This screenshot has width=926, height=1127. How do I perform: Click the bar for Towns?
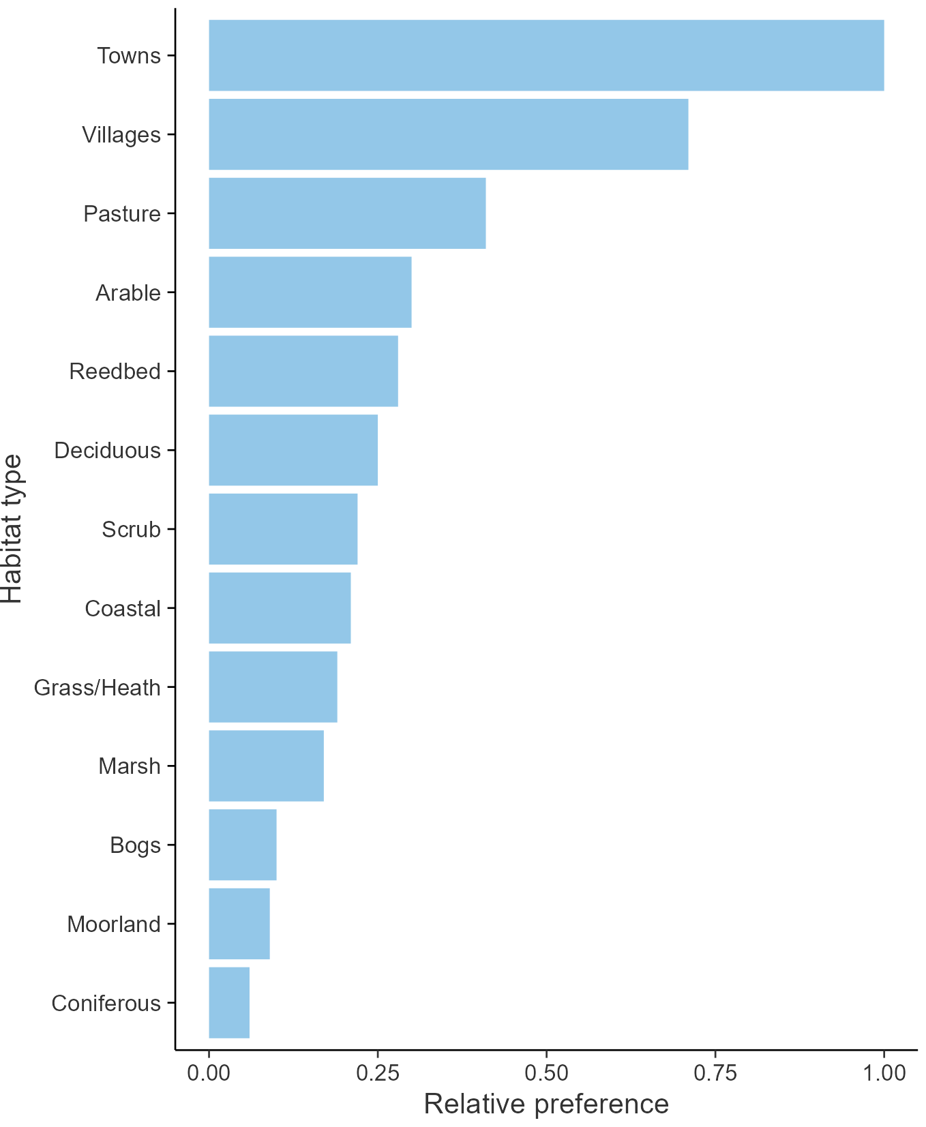pos(546,55)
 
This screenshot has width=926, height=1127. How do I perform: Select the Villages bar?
pos(448,134)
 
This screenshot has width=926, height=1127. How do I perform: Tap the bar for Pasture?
pos(347,213)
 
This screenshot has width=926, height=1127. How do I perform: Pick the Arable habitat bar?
pos(310,292)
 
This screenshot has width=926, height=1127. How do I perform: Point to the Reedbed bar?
pos(303,371)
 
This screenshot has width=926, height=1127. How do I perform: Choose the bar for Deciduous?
pos(293,450)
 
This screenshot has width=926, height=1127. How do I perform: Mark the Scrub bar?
pos(283,529)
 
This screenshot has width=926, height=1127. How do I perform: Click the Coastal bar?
pos(280,607)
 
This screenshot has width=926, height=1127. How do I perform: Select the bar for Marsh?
pos(266,766)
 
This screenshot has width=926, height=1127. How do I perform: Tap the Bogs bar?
pos(242,845)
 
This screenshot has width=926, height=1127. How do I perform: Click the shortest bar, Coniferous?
pos(228,1002)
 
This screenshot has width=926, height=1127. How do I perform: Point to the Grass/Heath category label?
pos(98,687)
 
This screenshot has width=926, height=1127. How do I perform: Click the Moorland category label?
pos(114,925)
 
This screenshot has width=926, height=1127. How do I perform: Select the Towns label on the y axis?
pos(129,56)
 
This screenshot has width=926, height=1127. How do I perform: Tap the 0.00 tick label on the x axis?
pos(209,1073)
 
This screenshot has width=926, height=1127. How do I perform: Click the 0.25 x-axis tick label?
pos(377,1073)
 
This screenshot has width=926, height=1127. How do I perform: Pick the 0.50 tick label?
pos(546,1073)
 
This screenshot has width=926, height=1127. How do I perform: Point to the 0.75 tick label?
pos(715,1073)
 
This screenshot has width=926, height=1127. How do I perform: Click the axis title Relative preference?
pos(546,1105)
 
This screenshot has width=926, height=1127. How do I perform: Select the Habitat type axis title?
pos(12,529)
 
